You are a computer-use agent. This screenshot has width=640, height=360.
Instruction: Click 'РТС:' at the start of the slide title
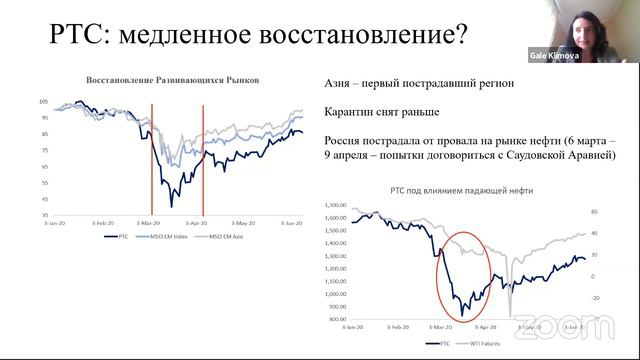78,37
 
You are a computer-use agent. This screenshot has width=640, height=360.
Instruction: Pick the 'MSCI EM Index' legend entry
166,237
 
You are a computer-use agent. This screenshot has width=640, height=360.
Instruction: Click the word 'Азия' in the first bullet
342,84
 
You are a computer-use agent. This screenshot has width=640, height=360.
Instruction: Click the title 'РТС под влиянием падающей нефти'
463,190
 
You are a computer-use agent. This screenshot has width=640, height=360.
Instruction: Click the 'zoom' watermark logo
565,326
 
